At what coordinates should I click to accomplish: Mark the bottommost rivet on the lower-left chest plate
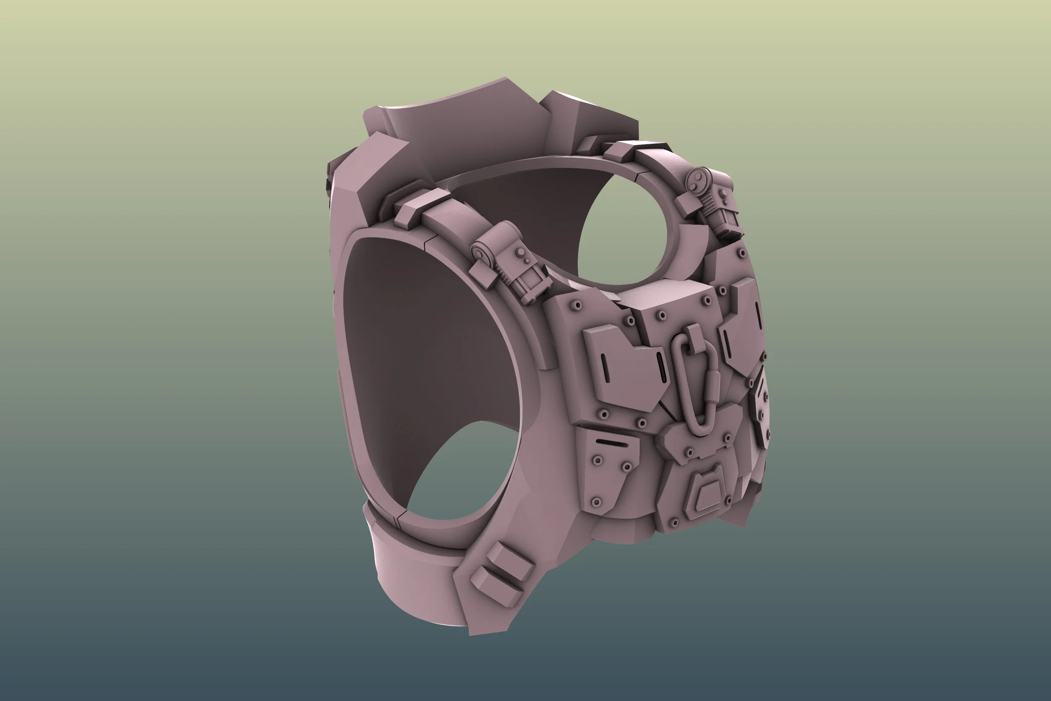pyautogui.click(x=595, y=503)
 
